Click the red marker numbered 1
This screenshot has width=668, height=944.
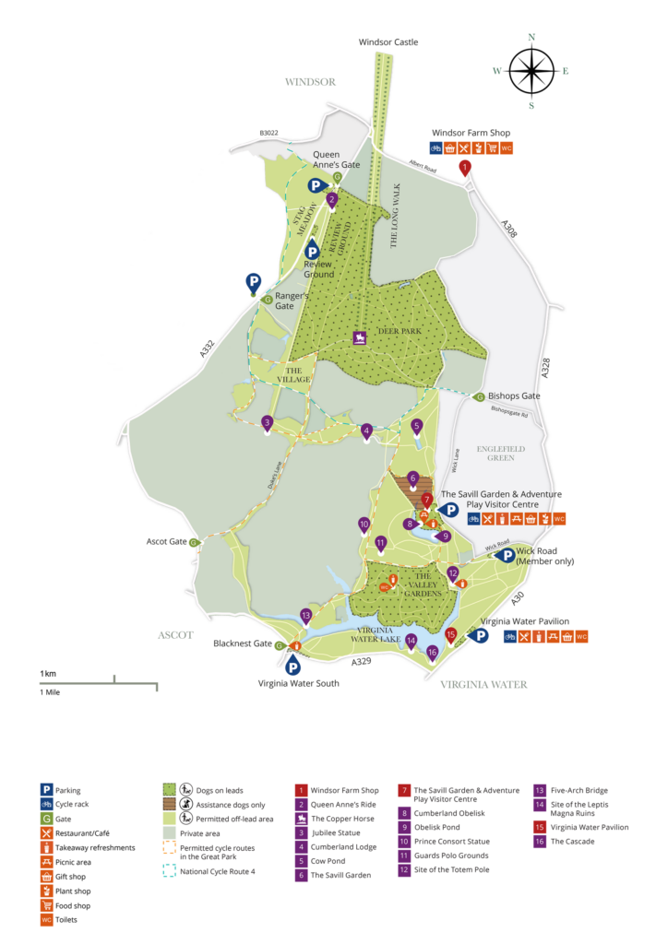pyautogui.click(x=465, y=167)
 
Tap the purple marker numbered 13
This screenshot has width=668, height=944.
pyautogui.click(x=306, y=616)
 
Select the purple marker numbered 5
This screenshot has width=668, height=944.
pyautogui.click(x=417, y=426)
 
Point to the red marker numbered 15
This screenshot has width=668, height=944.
pyautogui.click(x=451, y=634)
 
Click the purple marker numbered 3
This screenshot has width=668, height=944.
pyautogui.click(x=267, y=423)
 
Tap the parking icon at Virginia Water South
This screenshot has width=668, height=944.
pyautogui.click(x=293, y=667)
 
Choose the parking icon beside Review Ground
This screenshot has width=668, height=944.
pyautogui.click(x=312, y=249)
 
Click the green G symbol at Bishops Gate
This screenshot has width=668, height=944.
pyautogui.click(x=478, y=397)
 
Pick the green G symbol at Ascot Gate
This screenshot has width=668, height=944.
pyautogui.click(x=194, y=543)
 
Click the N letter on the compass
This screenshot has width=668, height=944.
pyautogui.click(x=531, y=38)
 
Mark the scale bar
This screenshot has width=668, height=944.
pyautogui.click(x=98, y=684)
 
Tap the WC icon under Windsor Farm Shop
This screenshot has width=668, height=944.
pyautogui.click(x=507, y=147)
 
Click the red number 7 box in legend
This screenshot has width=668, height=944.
pyautogui.click(x=404, y=791)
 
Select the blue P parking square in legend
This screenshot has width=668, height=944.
pyautogui.click(x=47, y=790)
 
